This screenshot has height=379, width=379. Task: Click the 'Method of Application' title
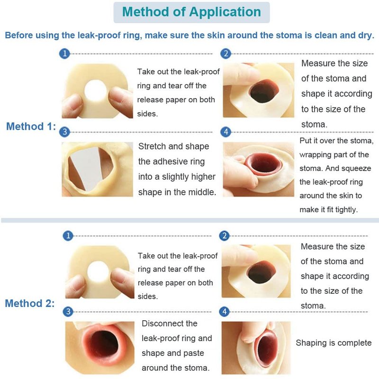191,12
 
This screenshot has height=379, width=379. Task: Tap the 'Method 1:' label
31,126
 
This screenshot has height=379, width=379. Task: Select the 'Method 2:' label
30,303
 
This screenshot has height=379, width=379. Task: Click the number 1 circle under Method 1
64,54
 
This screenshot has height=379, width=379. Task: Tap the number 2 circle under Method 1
226,54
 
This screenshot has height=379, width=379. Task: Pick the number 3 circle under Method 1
64,132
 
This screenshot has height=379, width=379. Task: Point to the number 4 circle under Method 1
226,132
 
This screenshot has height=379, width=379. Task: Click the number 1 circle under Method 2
68,235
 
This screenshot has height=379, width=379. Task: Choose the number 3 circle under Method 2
68,312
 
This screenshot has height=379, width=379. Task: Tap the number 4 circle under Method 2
224,312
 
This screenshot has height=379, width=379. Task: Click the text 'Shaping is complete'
334,343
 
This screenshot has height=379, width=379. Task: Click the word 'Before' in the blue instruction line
19,35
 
